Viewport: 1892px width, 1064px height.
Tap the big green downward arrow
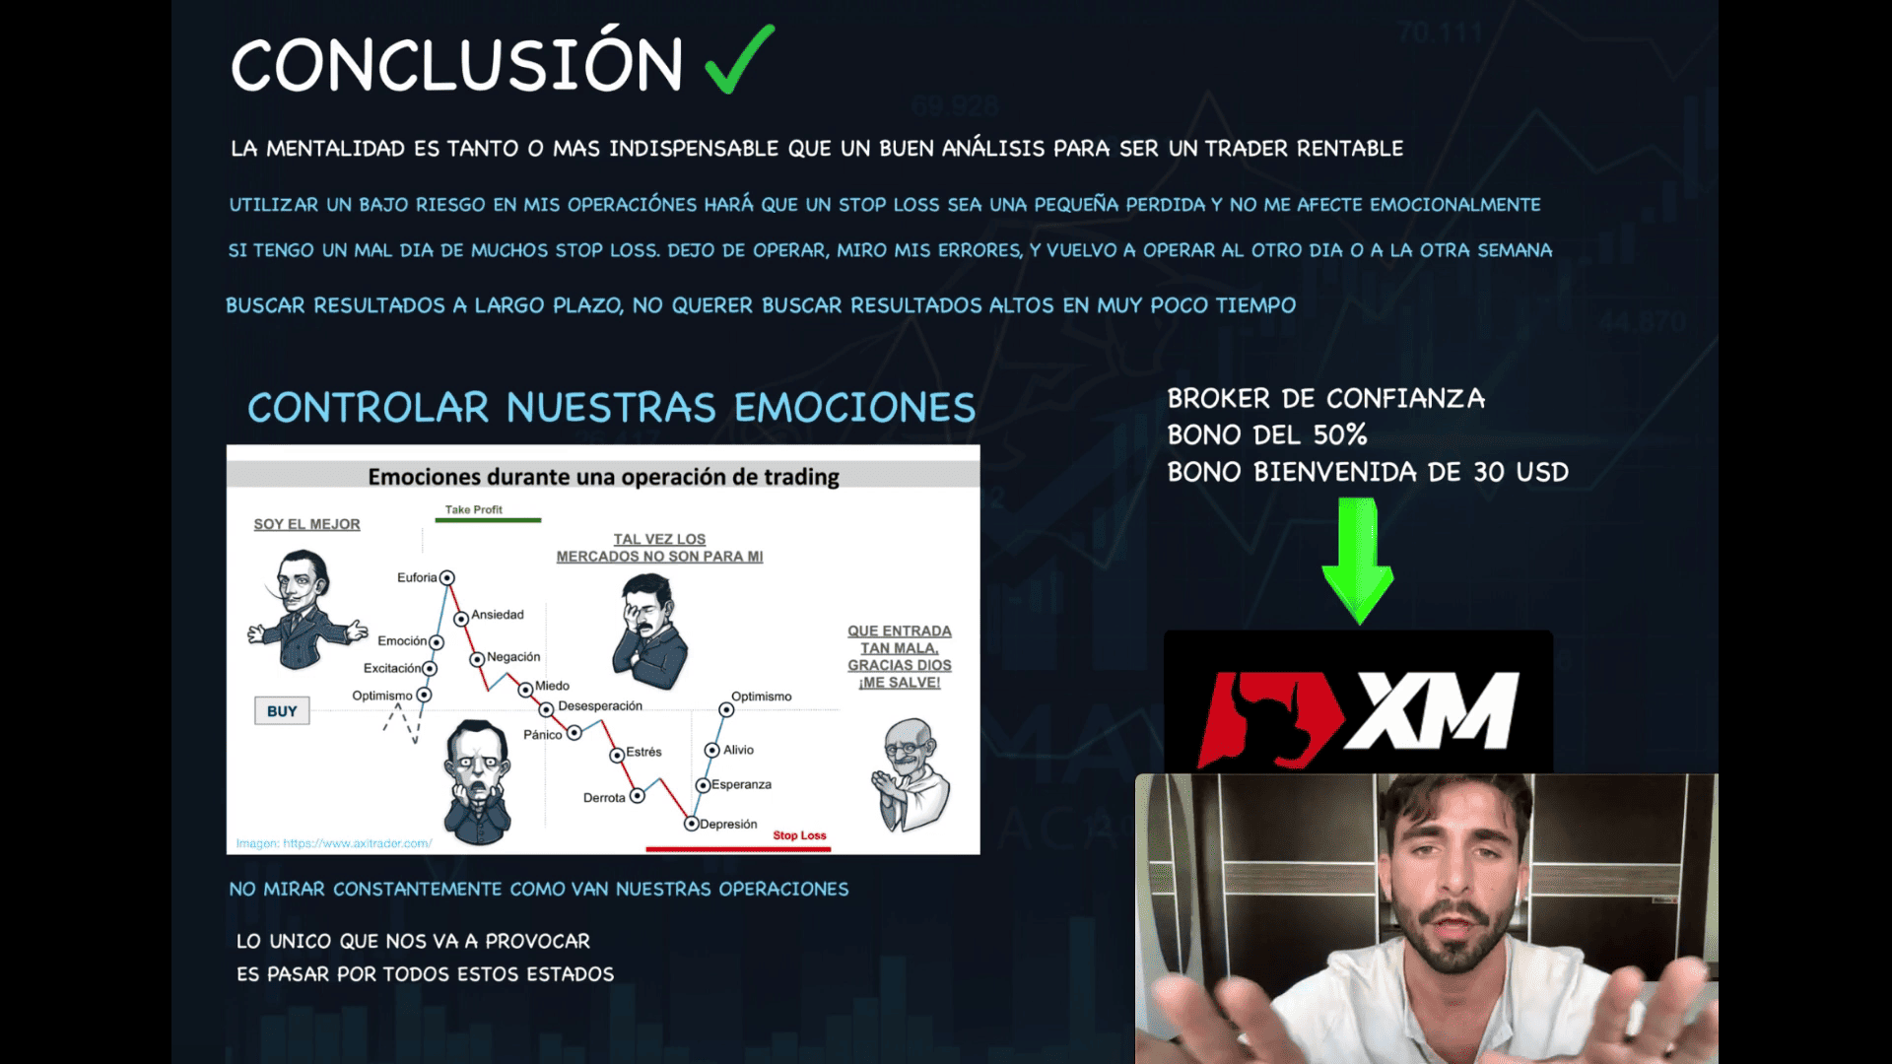[1358, 561]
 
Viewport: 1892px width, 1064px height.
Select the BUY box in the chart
[282, 711]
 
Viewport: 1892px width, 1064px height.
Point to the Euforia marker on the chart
[447, 577]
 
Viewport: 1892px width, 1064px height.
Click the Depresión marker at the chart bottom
[692, 824]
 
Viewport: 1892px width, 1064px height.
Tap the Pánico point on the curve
[574, 733]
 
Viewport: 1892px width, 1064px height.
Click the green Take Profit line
[488, 520]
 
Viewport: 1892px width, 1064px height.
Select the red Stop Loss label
[799, 835]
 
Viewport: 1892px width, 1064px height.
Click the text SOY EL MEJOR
[306, 524]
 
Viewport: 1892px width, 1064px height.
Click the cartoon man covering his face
[648, 632]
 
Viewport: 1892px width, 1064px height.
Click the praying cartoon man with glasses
[912, 775]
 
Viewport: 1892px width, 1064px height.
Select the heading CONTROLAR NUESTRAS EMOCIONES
[611, 408]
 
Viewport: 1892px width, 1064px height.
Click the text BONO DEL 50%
[1267, 434]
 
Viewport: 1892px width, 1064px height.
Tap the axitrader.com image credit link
[334, 843]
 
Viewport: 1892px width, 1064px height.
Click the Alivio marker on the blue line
[711, 750]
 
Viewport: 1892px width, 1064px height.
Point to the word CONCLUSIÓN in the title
[456, 65]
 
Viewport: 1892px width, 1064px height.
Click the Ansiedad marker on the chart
[461, 619]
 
